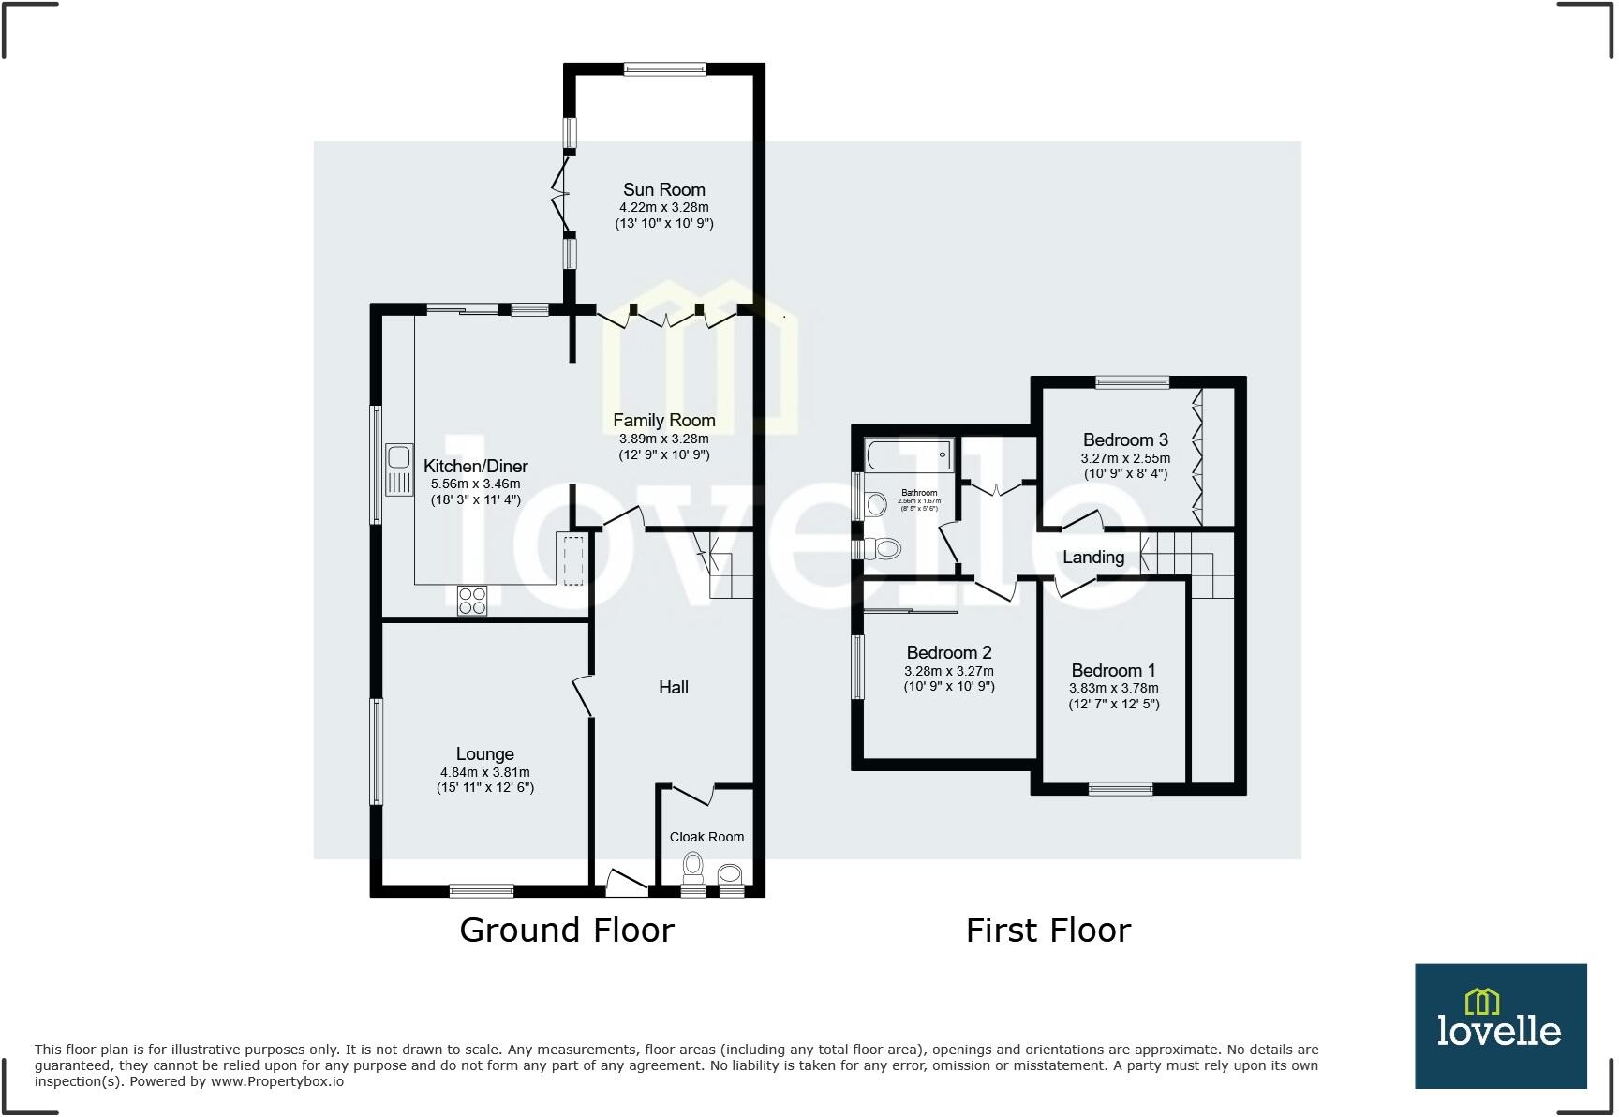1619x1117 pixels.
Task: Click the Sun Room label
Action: coord(663,189)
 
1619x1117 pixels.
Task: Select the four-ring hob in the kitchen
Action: coord(472,600)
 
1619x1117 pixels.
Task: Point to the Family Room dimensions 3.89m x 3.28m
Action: coord(663,439)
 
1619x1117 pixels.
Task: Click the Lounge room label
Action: coord(484,753)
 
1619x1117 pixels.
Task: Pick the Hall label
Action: coord(673,687)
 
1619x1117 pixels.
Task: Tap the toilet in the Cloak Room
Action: coord(693,867)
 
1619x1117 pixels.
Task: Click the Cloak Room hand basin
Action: coord(730,875)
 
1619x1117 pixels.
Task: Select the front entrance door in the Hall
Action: coord(626,881)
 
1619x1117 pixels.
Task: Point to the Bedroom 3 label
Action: coord(1125,439)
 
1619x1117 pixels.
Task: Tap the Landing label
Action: coord(1093,557)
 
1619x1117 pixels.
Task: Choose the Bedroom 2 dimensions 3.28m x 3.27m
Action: coord(948,671)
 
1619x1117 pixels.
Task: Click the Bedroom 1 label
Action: coord(1113,670)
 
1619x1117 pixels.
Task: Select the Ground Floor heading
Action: coord(566,930)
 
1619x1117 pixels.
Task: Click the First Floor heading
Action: coord(1048,930)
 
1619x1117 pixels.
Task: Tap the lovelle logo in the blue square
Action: coord(1499,1025)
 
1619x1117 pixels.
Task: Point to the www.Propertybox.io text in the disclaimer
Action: coord(276,1081)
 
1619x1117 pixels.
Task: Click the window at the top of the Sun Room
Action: coord(665,68)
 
